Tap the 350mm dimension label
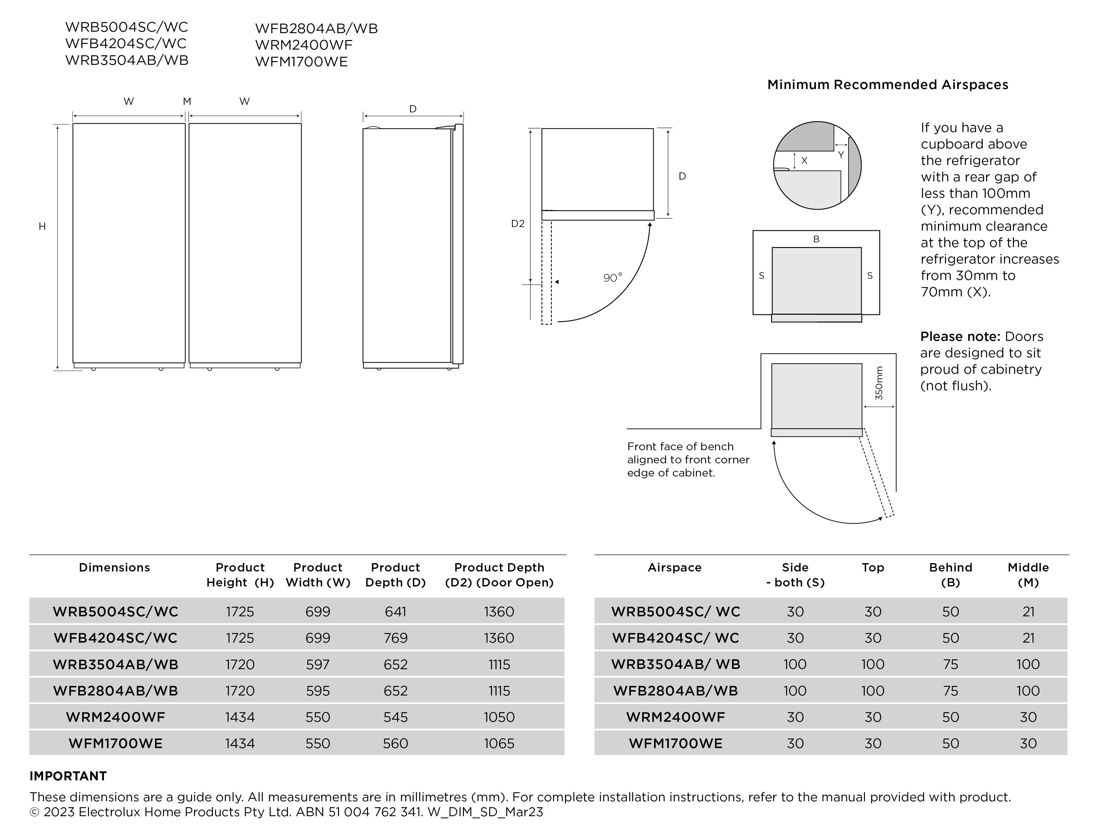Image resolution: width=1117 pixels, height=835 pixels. click(879, 383)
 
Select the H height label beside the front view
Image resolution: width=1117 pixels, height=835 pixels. click(42, 226)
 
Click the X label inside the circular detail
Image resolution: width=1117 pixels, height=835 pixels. click(804, 161)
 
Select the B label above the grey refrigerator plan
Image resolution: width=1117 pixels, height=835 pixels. click(816, 239)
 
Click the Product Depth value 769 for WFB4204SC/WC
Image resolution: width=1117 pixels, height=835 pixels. click(395, 638)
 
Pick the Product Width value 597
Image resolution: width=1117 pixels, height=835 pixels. click(317, 664)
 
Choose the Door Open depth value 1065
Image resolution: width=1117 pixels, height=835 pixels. click(499, 744)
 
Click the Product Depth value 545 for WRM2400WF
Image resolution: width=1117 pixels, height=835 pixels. click(395, 717)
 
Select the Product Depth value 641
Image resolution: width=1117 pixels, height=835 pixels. click(395, 612)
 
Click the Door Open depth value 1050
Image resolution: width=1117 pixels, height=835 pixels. click(499, 717)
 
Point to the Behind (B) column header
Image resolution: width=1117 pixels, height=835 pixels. click(950, 575)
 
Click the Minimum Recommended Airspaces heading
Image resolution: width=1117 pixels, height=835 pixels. click(887, 85)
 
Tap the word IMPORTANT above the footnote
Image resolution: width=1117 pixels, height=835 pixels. click(68, 776)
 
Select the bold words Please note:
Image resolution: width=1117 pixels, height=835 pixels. click(959, 336)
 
